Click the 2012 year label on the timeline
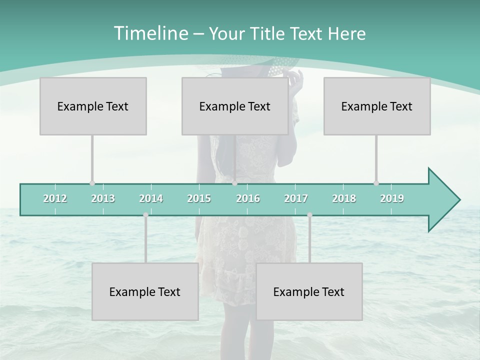[x=55, y=198]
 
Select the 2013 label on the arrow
[x=103, y=198]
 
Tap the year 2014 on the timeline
[x=151, y=198]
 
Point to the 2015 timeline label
[x=199, y=198]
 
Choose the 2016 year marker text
[x=248, y=198]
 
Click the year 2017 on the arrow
[x=296, y=198]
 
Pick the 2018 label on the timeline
[x=344, y=198]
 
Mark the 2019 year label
[x=392, y=198]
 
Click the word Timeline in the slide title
[x=150, y=33]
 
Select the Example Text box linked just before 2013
[x=93, y=106]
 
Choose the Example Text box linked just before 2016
[x=235, y=106]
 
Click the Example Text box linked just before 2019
[x=377, y=106]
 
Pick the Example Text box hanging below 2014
[x=145, y=291]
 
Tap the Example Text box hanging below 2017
[x=309, y=291]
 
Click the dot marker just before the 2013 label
[x=92, y=183]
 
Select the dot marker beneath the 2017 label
[x=309, y=215]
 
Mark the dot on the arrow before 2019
[x=376, y=183]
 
